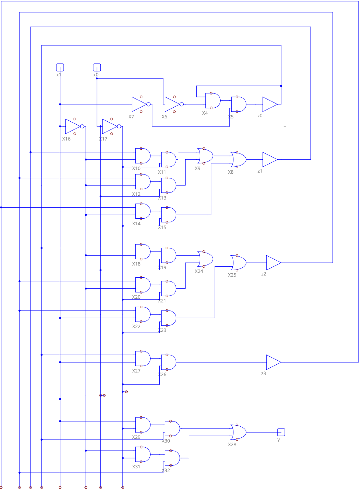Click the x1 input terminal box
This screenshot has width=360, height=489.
tap(60, 67)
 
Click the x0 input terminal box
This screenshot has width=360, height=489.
tap(97, 67)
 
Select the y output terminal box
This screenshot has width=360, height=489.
tap(281, 432)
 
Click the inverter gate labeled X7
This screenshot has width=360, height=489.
tap(140, 104)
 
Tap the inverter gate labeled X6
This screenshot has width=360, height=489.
tap(173, 104)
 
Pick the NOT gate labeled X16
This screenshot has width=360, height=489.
tap(74, 126)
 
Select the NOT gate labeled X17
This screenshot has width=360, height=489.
tap(111, 126)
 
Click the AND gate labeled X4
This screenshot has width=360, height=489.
tap(212, 101)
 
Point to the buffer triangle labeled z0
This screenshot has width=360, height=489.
tap(269, 104)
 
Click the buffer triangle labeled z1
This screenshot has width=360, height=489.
tap(269, 160)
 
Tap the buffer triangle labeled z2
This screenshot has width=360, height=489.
tap(273, 263)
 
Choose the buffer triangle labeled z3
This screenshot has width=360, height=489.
tap(273, 362)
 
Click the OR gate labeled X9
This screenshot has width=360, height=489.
tap(205, 156)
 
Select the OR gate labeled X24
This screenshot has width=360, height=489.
tap(205, 259)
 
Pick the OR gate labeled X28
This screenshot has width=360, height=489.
tap(239, 432)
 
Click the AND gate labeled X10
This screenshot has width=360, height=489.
tap(142, 156)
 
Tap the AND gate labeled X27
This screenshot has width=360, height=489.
tap(142, 358)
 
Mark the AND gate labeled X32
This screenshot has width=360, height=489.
tap(172, 458)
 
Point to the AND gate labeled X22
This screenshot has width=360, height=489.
tap(142, 314)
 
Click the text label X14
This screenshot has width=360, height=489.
tap(136, 223)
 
